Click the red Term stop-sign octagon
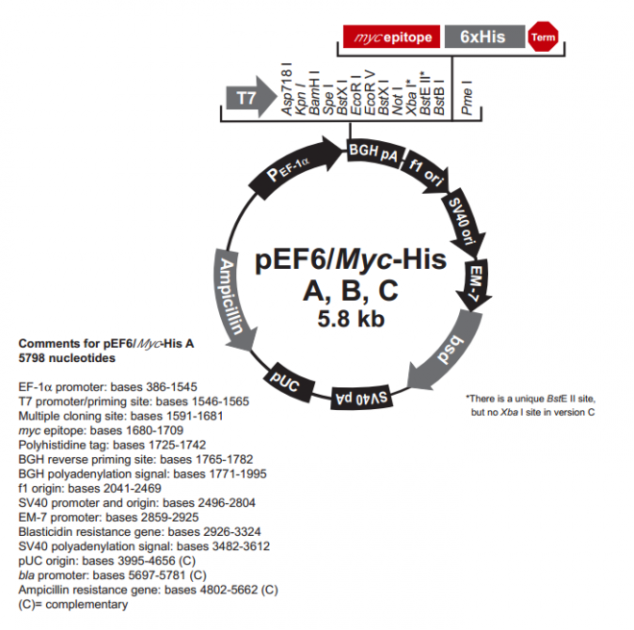click(x=544, y=37)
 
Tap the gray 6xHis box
click(x=484, y=37)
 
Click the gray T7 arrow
click(x=249, y=96)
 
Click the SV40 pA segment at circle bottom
click(x=364, y=395)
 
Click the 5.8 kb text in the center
click(x=352, y=321)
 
